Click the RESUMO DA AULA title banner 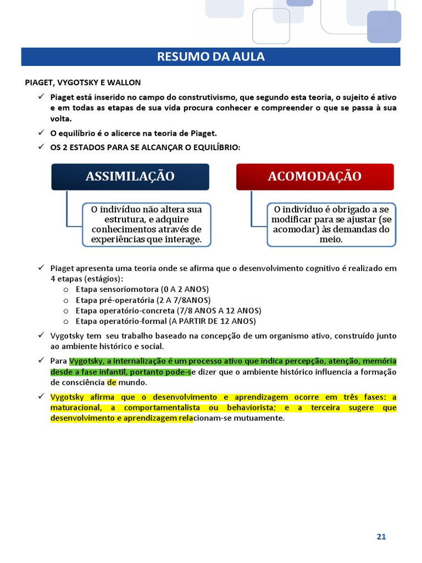210,57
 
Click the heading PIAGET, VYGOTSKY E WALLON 83,82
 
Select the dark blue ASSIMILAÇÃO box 130,176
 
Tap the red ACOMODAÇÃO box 315,176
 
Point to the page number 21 381,537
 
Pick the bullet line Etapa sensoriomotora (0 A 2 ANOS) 142,289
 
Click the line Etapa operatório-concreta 168,311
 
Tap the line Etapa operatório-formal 165,321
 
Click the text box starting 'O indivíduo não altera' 146,224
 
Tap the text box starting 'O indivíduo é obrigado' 331,224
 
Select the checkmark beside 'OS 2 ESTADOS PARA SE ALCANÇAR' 41,147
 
